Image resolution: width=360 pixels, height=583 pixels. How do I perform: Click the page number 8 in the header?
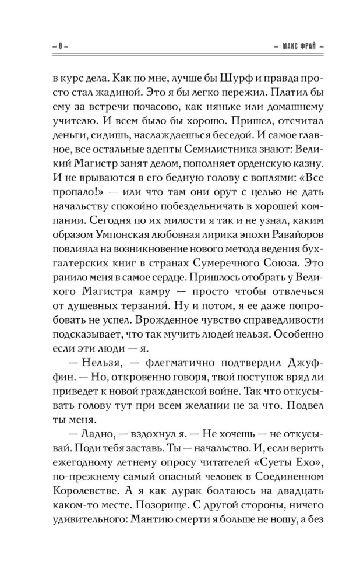[x=61, y=47]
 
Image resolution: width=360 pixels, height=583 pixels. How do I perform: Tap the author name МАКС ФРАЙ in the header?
[x=289, y=47]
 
